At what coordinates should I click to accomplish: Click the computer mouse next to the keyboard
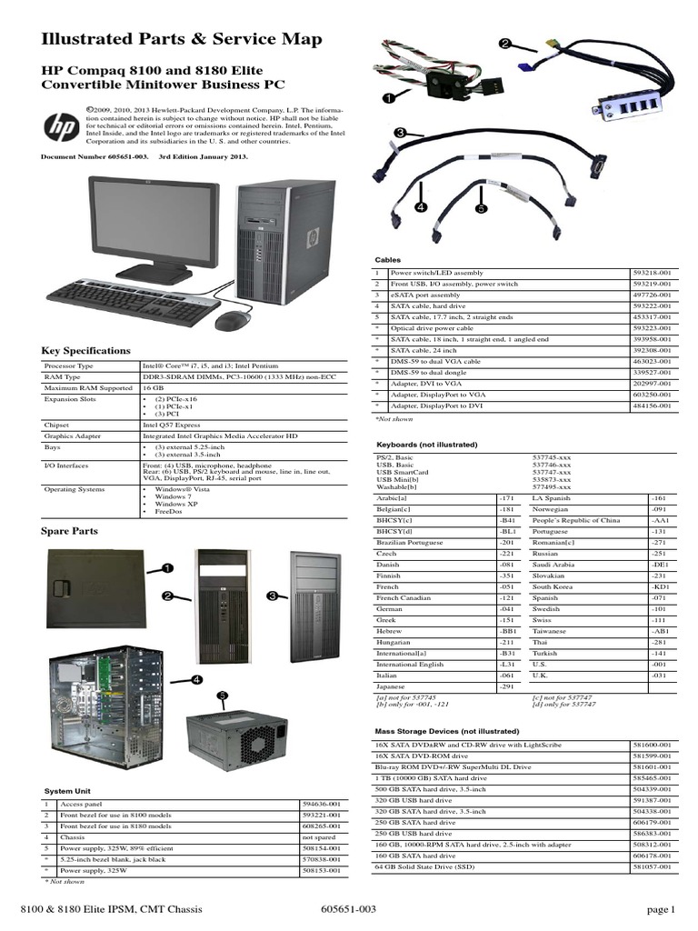point(234,320)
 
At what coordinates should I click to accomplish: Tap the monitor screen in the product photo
point(155,219)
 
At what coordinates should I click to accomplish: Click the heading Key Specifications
point(86,351)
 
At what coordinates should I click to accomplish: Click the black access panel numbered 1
point(95,592)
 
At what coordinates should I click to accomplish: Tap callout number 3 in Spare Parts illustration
point(271,595)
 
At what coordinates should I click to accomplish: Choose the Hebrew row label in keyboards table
point(391,631)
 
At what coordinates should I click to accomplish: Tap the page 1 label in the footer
point(661,909)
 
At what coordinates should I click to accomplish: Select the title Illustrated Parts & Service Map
point(182,40)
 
